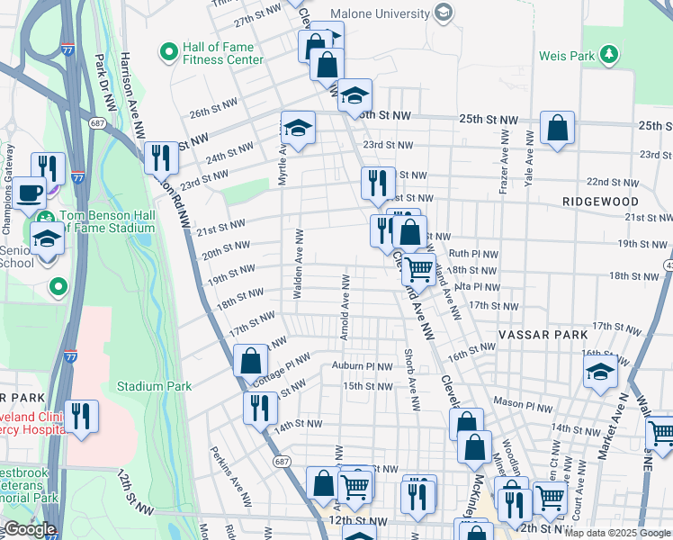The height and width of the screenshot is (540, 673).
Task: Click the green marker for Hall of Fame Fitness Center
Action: (x=168, y=52)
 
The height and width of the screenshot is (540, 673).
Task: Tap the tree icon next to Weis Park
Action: (x=610, y=55)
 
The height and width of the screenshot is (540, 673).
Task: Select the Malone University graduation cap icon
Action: (x=443, y=13)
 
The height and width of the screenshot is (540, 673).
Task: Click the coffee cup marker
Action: (x=30, y=192)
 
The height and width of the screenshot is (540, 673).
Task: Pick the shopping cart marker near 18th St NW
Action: (x=418, y=268)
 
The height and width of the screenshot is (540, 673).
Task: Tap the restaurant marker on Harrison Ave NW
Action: (x=161, y=157)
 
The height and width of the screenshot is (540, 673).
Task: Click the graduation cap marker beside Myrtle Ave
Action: (x=298, y=128)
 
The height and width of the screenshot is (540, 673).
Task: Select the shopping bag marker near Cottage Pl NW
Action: (x=251, y=361)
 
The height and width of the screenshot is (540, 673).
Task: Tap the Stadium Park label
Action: (x=155, y=386)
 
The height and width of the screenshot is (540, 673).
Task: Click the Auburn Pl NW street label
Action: (x=360, y=366)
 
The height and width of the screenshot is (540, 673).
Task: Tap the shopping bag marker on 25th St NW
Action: (x=558, y=128)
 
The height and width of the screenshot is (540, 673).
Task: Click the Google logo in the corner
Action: (x=30, y=529)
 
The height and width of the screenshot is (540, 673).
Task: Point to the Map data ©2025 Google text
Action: (x=617, y=533)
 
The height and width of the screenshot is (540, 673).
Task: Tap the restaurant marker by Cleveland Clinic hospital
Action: (x=81, y=416)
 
